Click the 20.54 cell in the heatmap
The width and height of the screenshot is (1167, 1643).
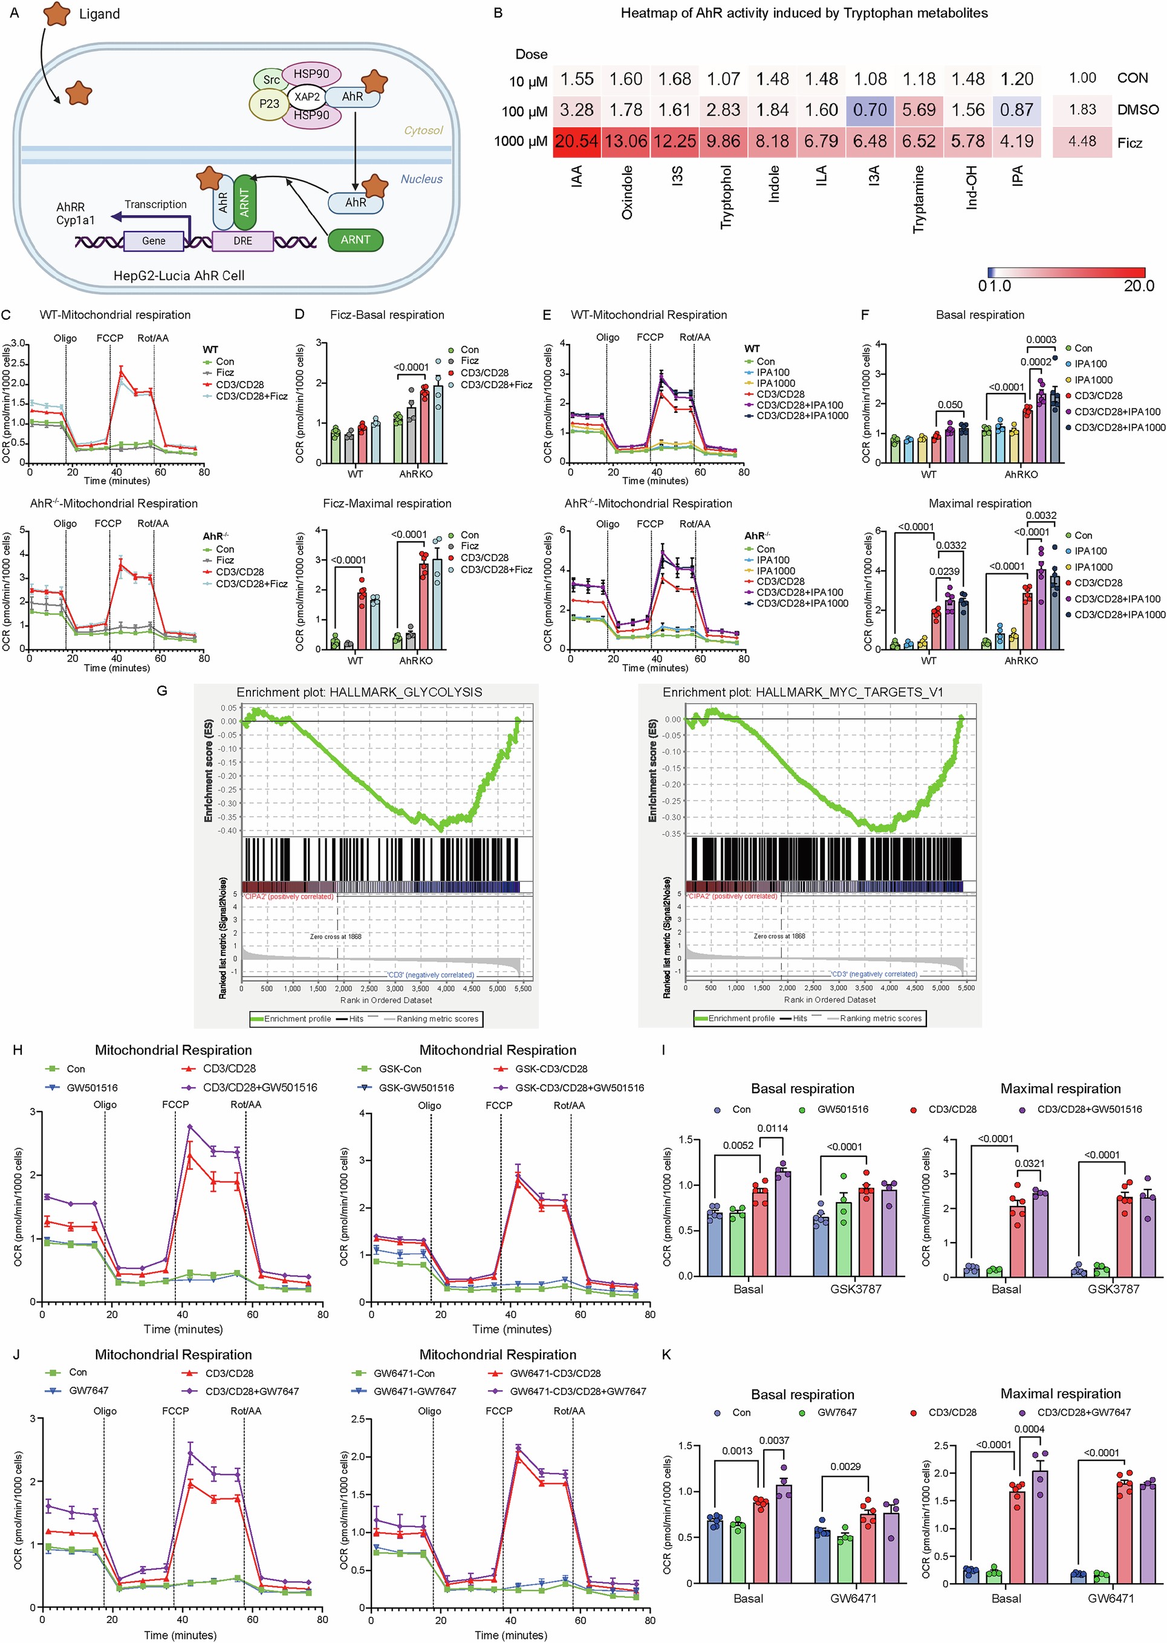576,142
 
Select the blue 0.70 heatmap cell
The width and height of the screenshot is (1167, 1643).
870,110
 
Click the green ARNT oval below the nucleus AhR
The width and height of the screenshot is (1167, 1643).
355,240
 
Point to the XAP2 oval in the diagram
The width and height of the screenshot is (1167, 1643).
307,96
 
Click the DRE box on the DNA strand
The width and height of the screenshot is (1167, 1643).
243,241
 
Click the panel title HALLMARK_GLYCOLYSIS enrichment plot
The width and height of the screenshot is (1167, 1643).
359,692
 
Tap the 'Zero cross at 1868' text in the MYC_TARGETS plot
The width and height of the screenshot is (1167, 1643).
779,935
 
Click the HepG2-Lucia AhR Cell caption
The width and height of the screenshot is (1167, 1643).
179,275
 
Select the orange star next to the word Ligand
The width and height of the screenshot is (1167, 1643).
57,14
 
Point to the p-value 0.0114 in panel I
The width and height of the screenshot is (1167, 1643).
773,1128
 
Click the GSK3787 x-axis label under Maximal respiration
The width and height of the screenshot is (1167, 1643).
1113,1289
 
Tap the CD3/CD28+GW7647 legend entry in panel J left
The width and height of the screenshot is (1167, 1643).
252,1391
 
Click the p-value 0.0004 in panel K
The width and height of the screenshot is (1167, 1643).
1029,1429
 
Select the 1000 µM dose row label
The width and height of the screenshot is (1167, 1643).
520,142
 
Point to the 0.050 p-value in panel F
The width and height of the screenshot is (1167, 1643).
949,405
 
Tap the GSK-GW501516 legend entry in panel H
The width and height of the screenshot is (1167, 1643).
416,1087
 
